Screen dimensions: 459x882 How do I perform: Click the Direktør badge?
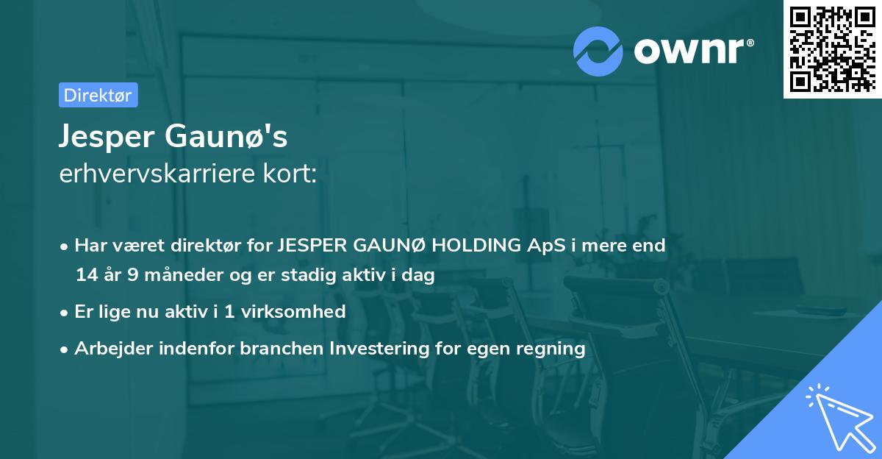[98, 95]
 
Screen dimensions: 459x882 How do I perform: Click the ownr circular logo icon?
[598, 51]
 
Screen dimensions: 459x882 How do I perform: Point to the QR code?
[831, 49]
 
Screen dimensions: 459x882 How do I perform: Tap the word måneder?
[176, 276]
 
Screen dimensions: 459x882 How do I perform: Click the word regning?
[555, 349]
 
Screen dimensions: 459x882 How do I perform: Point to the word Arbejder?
[111, 349]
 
